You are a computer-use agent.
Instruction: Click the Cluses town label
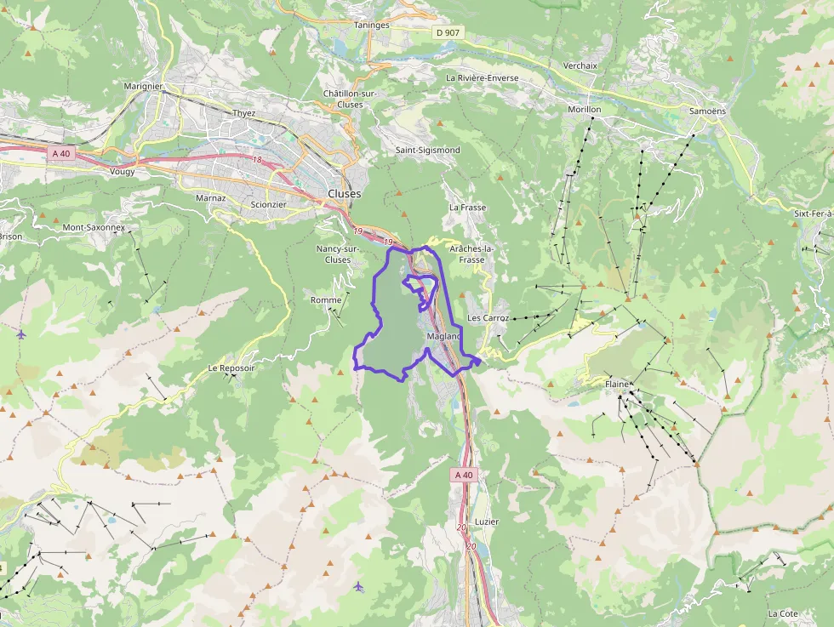344,194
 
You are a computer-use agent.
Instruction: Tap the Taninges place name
372,26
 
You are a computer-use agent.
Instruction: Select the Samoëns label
707,111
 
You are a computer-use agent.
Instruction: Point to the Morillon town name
584,110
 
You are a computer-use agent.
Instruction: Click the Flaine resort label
617,385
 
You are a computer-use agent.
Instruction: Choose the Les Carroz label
488,318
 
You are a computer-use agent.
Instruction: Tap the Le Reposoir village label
231,368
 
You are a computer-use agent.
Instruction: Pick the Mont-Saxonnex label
94,228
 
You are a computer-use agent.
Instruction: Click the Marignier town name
143,87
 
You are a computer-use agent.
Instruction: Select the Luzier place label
487,522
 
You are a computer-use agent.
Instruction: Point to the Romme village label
326,300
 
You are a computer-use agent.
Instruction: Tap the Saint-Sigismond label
427,151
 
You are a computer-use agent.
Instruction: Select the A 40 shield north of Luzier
463,475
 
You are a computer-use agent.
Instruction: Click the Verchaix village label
580,66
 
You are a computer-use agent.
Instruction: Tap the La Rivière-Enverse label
482,77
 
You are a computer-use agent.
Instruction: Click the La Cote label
782,613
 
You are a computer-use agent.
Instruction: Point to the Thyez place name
244,113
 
